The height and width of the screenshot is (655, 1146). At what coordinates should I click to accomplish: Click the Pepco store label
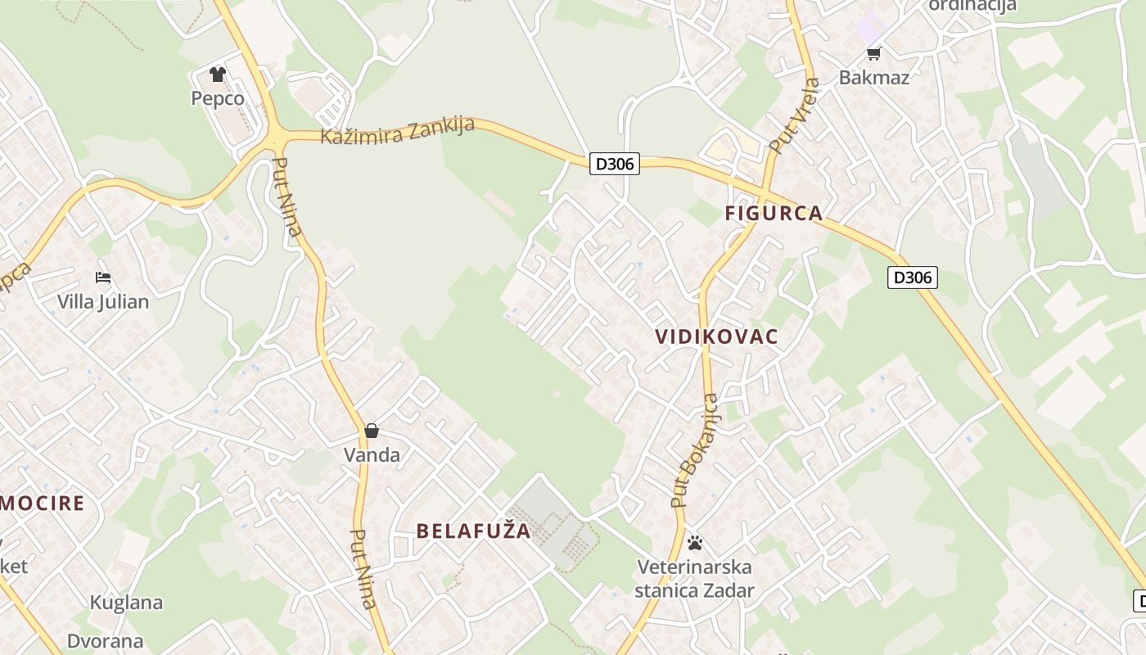[x=218, y=98]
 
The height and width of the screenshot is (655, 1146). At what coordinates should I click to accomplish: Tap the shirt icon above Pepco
[x=217, y=75]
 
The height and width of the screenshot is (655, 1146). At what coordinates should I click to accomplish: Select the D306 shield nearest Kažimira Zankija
[x=614, y=164]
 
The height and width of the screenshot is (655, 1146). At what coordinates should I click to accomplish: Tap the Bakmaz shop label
[x=874, y=78]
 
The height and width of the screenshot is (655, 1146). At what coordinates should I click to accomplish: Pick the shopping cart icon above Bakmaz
[x=873, y=54]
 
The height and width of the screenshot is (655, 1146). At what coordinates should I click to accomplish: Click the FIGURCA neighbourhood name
[x=774, y=214]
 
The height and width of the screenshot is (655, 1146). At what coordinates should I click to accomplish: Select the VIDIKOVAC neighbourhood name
[x=717, y=337]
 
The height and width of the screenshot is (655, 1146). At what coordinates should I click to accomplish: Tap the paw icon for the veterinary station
[x=695, y=542]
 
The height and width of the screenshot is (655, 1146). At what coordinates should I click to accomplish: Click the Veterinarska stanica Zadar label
[x=694, y=578]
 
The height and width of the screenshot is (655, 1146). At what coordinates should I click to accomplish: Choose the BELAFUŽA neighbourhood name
[x=474, y=531]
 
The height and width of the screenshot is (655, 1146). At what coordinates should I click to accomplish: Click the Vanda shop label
[x=372, y=455]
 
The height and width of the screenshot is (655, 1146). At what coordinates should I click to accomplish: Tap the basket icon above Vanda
[x=372, y=431]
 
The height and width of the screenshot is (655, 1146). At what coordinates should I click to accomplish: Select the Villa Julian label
[x=103, y=301]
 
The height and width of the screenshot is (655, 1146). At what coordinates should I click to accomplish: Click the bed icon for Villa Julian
[x=103, y=278]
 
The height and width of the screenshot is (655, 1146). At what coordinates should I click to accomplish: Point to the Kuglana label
[x=126, y=603]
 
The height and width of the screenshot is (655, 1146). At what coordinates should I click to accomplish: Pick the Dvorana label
[x=106, y=641]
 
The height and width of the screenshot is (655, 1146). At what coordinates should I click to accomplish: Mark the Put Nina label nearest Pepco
[x=287, y=196]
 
